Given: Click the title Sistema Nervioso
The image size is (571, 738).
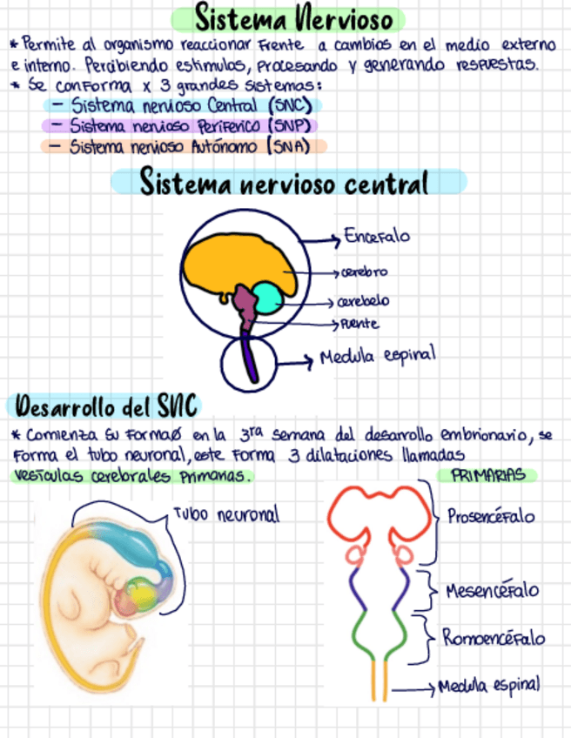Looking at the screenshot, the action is tap(284, 17).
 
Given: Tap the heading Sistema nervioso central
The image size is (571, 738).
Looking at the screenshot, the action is tap(285, 184).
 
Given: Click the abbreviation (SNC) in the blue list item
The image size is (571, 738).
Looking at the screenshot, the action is tap(292, 105).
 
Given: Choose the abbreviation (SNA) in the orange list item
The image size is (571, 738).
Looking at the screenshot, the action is tap(288, 146).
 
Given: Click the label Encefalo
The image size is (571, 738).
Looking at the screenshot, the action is tap(376, 236).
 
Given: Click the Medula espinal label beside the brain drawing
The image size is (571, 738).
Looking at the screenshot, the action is tap(377, 356).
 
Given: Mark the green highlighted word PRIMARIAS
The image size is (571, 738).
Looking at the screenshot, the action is tap(487, 475).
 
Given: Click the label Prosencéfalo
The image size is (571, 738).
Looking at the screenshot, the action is tap(491, 516).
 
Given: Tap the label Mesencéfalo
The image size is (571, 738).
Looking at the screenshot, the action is tap(492, 591).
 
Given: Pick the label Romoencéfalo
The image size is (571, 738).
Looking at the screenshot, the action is tap(494, 639).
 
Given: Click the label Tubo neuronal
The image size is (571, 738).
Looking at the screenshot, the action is tap(226, 513).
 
